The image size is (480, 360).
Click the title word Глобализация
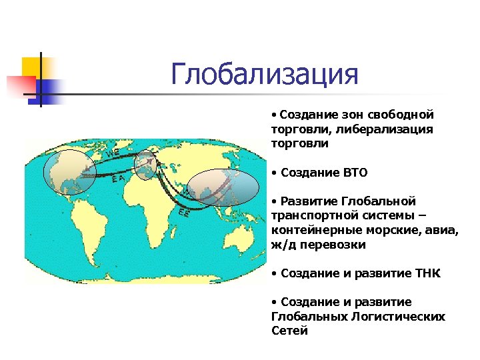click(265, 74)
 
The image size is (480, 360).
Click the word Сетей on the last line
click(289, 331)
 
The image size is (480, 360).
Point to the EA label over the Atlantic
click(117, 178)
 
